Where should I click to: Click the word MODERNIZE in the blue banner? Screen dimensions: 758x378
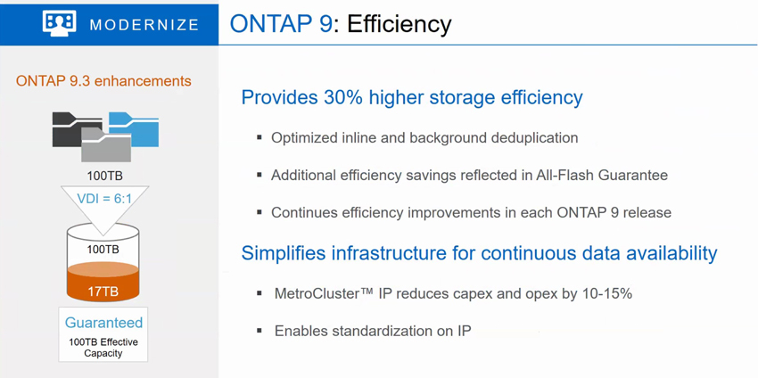(x=144, y=25)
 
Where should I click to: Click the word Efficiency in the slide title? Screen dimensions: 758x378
(x=400, y=24)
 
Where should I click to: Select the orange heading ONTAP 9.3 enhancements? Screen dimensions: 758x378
(x=103, y=81)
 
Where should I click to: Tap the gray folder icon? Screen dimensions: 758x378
(x=106, y=144)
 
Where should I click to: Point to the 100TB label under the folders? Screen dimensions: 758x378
(x=104, y=175)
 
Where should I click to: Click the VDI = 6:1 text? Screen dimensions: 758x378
(x=104, y=199)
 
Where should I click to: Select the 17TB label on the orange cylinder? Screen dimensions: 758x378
(x=103, y=292)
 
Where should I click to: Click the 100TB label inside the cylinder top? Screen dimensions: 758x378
(x=103, y=250)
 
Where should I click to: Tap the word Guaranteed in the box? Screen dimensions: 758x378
(x=104, y=323)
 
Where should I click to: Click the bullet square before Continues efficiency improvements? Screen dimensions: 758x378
(x=260, y=212)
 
